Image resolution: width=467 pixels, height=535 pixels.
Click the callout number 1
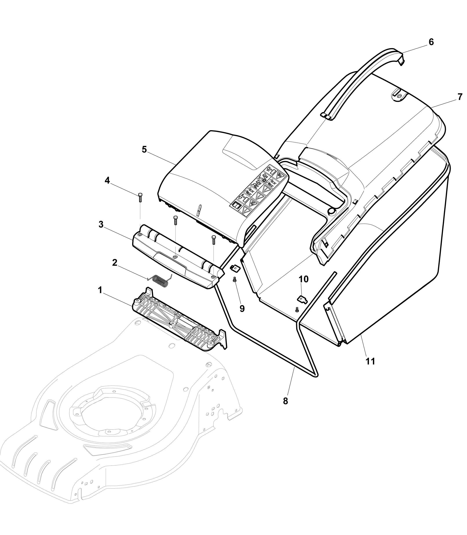point(100,290)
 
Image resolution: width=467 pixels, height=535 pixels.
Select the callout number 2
point(115,263)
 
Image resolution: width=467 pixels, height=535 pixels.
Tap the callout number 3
point(101,225)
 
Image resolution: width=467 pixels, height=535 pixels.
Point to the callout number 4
point(107,180)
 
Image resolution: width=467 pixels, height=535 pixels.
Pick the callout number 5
point(144,150)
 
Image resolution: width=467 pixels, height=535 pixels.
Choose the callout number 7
point(460,97)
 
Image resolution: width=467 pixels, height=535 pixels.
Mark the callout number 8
point(286,401)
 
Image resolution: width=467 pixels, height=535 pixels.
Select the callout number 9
point(242,309)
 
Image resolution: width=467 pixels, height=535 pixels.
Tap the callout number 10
point(304,279)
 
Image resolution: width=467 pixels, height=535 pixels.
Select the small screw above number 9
point(235,280)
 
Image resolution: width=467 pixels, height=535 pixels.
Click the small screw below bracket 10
point(297,310)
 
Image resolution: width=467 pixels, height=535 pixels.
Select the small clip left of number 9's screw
point(235,267)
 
